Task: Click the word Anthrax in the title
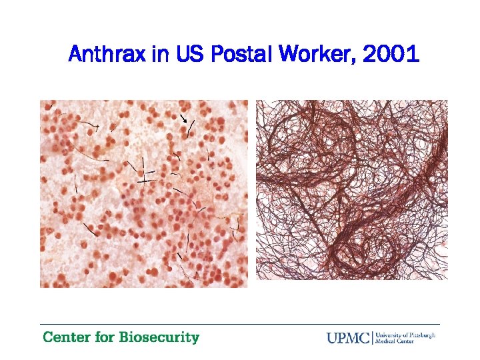tap(107, 54)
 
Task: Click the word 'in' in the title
tap(161, 54)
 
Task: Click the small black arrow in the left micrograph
tap(183, 118)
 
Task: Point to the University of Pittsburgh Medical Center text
tap(406, 337)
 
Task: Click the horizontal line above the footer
tap(240, 325)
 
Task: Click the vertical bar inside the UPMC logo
tap(373, 337)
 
